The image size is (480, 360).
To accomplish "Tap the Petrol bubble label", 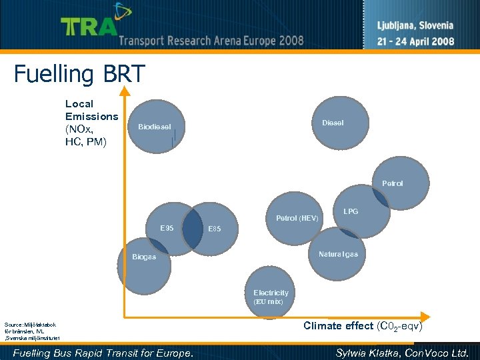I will click(x=392, y=183).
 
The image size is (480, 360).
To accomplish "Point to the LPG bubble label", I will click(x=351, y=211).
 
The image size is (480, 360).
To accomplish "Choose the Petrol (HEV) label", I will click(x=297, y=218).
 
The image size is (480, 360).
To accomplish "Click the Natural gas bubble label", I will click(x=338, y=254).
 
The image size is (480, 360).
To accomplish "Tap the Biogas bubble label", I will click(x=144, y=257).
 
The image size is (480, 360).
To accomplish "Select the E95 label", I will click(x=167, y=228).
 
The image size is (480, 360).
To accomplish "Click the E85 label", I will click(x=214, y=229).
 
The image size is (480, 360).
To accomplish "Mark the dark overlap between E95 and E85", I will click(x=192, y=229).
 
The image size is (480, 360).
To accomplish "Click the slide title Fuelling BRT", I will click(x=79, y=74).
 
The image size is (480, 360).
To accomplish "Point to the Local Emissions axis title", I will click(x=91, y=123).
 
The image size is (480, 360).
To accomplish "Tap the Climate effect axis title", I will click(x=363, y=326).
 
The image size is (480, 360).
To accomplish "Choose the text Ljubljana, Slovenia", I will click(x=415, y=26).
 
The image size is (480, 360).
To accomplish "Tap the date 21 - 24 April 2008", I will click(x=415, y=41).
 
